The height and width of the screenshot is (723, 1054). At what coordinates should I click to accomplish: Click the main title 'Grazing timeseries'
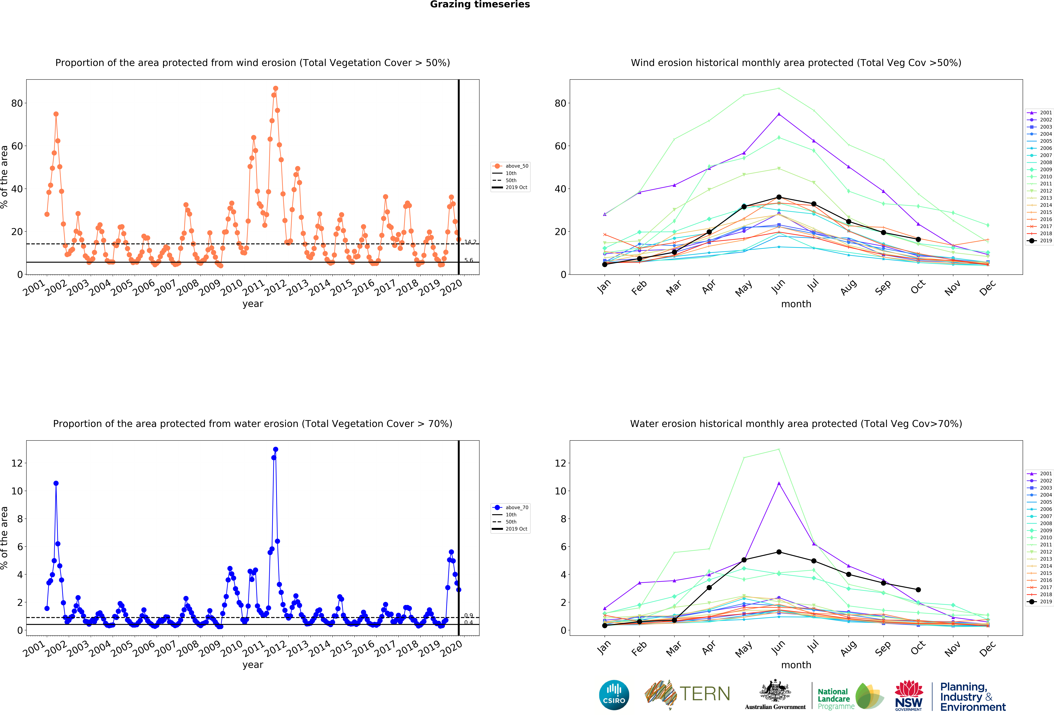[480, 5]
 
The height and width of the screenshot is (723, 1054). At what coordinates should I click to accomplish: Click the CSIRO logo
[614, 695]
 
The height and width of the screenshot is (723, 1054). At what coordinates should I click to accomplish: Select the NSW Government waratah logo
[908, 695]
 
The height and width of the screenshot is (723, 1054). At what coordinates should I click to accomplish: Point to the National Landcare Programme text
[836, 699]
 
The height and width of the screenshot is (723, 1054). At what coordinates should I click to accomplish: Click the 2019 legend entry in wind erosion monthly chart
[1040, 241]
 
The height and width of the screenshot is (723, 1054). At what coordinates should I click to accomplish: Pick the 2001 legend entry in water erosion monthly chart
[1040, 473]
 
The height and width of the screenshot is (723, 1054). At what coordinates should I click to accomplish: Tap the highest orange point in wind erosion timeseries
[275, 88]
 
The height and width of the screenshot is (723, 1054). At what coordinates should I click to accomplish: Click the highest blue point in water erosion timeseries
[275, 449]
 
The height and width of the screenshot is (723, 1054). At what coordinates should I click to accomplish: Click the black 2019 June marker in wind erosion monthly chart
[779, 197]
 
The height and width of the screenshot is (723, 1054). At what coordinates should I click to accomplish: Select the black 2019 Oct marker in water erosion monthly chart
[918, 590]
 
